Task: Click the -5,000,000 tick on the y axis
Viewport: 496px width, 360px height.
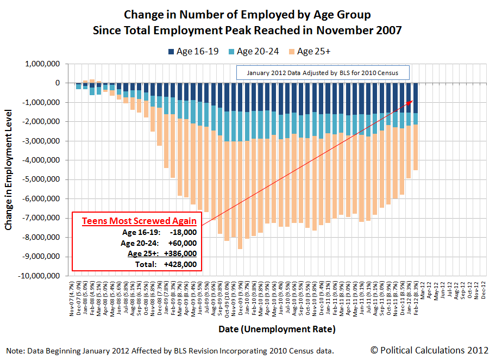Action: click(40, 180)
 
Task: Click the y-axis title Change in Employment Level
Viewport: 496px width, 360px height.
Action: click(9, 171)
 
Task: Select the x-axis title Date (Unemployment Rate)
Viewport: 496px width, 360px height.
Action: click(277, 329)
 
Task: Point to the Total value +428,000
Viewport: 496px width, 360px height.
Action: click(180, 265)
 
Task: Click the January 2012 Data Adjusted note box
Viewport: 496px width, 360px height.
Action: click(322, 72)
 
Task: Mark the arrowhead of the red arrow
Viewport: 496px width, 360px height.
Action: click(412, 101)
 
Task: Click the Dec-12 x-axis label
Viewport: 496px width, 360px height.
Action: click(483, 291)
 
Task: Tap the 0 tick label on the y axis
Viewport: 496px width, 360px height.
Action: click(56, 83)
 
